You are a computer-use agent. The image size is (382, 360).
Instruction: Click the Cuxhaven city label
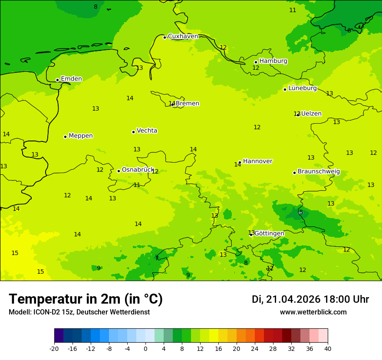click(x=183, y=36)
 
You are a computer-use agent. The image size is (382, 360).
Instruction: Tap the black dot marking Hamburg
click(x=256, y=62)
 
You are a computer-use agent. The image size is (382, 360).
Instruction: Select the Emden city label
click(x=71, y=79)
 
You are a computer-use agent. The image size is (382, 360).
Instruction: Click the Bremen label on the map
click(x=187, y=104)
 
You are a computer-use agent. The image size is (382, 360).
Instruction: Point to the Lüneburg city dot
click(x=285, y=89)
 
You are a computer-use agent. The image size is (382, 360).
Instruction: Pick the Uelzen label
click(x=311, y=114)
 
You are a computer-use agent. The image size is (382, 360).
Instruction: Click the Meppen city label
click(x=81, y=136)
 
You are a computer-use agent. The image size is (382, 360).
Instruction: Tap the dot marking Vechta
click(x=133, y=132)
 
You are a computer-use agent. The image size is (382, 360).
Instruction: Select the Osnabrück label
click(x=138, y=170)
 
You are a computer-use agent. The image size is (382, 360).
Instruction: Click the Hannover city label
click(x=257, y=161)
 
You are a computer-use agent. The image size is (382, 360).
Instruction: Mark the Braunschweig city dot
click(x=294, y=173)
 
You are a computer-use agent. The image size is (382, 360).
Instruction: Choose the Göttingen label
click(x=269, y=233)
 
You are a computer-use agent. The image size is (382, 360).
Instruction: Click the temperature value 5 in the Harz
click(x=301, y=212)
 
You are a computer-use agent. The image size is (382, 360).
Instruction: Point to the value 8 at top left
click(x=95, y=7)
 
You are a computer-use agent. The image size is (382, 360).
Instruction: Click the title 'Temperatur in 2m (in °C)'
click(x=86, y=299)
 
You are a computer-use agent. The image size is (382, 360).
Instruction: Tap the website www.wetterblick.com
click(x=313, y=312)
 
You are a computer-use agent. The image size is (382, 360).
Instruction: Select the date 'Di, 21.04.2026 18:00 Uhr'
click(x=310, y=299)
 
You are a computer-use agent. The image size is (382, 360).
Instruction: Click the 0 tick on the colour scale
click(x=145, y=349)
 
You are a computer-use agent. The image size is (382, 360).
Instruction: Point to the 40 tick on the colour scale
click(x=327, y=349)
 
